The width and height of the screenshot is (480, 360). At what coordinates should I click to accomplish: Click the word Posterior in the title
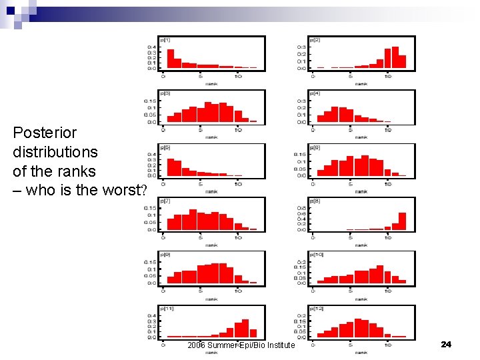tap(45, 133)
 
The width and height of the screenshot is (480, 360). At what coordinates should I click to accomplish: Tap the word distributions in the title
tap(55, 152)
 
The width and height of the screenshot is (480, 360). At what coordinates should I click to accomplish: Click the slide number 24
tap(446, 344)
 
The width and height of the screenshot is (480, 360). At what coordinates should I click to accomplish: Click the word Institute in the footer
tap(275, 345)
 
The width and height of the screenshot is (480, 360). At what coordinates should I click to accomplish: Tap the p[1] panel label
tap(165, 40)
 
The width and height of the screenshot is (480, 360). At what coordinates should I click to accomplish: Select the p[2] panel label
tap(315, 40)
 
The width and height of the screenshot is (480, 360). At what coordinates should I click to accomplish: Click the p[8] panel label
tap(315, 201)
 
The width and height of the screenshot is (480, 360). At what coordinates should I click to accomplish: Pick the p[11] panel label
tap(166, 308)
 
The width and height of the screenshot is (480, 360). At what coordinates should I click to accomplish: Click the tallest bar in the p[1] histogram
tap(171, 59)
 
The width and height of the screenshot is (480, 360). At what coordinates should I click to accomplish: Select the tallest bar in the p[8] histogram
tap(402, 221)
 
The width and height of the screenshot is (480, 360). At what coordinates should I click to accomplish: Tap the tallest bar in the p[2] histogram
tap(395, 57)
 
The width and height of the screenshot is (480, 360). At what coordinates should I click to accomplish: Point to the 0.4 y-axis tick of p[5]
tap(152, 155)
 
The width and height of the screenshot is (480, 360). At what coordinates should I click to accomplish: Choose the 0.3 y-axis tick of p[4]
tap(302, 101)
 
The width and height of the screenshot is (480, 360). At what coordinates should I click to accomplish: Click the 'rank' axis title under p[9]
tap(211, 299)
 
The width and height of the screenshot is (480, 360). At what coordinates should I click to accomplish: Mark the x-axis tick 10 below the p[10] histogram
tap(388, 289)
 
